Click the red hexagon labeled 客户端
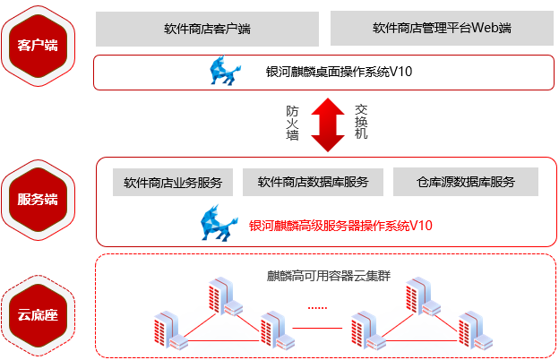pyautogui.click(x=38, y=45)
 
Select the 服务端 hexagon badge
pyautogui.click(x=38, y=199)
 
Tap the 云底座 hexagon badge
pyautogui.click(x=38, y=315)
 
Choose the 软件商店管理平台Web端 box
pyautogui.click(x=442, y=29)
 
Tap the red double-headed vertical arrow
pyautogui.click(x=327, y=124)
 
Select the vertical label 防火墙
pyautogui.click(x=292, y=123)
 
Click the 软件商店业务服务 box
pyautogui.click(x=173, y=182)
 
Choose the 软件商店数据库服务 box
pyautogui.click(x=313, y=182)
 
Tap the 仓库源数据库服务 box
pyautogui.click(x=465, y=182)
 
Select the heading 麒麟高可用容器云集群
pyautogui.click(x=329, y=275)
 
